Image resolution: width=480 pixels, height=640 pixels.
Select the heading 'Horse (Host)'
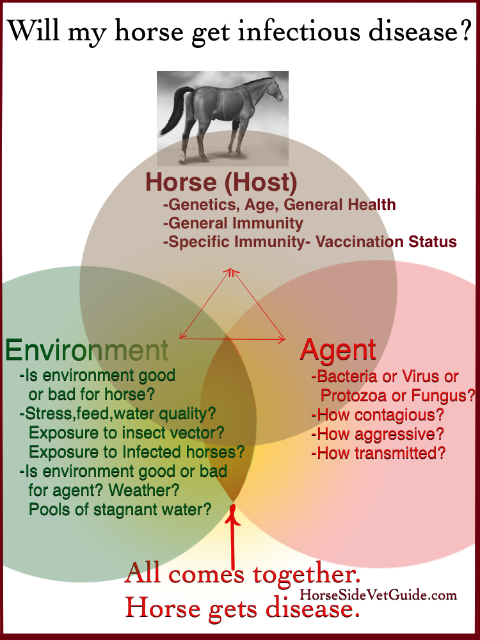point(221,182)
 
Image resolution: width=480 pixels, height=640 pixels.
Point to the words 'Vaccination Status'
point(386,242)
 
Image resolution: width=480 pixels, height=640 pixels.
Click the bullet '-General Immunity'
point(233,223)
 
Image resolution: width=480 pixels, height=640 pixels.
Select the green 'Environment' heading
point(87,350)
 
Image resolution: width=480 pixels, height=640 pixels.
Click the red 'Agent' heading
point(338,349)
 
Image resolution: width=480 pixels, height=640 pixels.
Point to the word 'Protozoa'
point(353,395)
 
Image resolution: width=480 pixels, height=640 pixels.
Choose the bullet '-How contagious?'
point(378,415)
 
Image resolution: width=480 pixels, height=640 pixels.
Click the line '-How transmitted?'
point(378,453)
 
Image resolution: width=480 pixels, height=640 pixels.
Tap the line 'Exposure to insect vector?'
point(127,433)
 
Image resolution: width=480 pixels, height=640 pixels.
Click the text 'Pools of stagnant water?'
point(120,509)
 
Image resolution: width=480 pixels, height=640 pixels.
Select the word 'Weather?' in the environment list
point(144,490)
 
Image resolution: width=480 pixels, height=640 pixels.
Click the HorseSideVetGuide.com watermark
point(378,595)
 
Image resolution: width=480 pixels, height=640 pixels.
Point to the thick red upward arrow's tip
point(233,505)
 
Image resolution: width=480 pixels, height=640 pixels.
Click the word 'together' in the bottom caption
point(306,575)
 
